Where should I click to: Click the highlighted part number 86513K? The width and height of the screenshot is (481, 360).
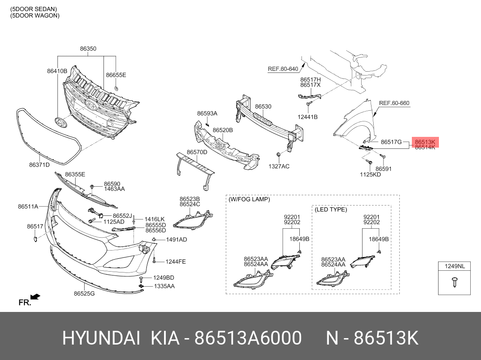pos(425,142)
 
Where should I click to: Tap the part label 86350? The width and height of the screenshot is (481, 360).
pos(88,49)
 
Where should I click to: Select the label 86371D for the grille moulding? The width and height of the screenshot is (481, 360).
pos(39,165)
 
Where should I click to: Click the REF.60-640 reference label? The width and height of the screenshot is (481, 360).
pos(283,69)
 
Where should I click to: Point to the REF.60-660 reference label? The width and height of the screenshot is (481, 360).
pos(394,103)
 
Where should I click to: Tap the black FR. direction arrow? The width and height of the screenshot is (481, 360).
pos(35,296)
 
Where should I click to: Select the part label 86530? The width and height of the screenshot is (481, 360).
pos(263,106)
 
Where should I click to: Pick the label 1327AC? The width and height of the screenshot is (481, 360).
pos(279,166)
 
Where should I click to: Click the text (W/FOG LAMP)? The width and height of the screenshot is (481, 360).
pos(249,200)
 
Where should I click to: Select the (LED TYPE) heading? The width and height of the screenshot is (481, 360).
pos(331,209)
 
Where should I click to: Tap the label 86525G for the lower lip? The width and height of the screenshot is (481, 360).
pos(84,293)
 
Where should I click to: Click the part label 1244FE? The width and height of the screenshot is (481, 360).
pos(176,262)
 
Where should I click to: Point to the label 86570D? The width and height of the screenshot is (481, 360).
pos(197,152)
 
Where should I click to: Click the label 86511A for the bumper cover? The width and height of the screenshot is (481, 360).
pos(28,206)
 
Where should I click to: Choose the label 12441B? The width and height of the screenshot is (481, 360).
pos(307,117)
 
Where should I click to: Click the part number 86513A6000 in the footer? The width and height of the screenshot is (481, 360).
pos(248,338)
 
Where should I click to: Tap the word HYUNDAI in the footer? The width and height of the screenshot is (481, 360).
pos(101,338)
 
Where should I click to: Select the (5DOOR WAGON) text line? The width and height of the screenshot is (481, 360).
pos(35,15)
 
